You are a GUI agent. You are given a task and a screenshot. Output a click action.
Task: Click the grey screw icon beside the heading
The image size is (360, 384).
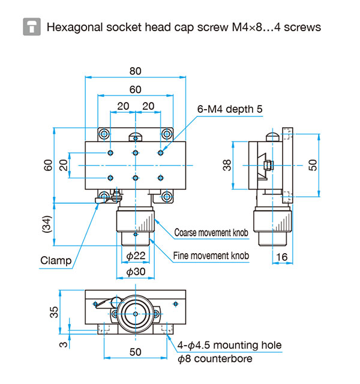[32, 26]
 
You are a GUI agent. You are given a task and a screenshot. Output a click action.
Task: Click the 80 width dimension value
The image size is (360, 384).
[136, 71]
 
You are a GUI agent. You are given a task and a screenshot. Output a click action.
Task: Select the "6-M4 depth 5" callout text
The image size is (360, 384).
[230, 109]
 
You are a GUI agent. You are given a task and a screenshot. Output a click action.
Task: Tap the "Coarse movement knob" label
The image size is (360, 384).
[211, 232]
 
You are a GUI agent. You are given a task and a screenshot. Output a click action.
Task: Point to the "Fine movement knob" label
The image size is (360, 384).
[211, 256]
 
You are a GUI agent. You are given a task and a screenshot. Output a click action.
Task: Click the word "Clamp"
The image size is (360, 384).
[56, 260]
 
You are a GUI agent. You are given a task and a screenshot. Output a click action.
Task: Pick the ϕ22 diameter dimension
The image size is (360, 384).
[136, 256]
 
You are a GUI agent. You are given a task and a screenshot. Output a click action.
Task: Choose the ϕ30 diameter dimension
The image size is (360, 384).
[136, 272]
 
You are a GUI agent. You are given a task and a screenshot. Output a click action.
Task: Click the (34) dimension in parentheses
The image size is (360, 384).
[47, 224]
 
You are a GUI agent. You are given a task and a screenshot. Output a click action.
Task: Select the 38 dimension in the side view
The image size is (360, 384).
[227, 165]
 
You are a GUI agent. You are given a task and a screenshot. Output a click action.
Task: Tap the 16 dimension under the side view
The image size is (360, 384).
[282, 257]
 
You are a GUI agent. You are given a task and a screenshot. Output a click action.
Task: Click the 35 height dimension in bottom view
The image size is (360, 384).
[54, 312]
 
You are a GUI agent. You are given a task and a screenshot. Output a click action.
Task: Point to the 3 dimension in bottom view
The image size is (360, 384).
[63, 344]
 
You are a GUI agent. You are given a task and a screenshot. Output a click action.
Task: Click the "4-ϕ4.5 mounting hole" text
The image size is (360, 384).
[229, 346]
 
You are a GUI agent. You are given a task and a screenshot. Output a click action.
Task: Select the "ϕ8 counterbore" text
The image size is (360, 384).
[215, 359]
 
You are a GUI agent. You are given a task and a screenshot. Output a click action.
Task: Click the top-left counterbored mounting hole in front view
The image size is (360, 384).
[104, 134]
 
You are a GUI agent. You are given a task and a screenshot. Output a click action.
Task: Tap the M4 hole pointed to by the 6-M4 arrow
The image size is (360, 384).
[161, 153]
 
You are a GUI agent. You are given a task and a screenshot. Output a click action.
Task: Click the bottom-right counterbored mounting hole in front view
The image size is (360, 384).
[167, 196]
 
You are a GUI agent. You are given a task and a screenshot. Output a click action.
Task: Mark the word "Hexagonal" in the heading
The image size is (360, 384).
[74, 28]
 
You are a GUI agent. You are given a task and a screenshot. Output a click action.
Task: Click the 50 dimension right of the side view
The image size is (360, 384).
[313, 165]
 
